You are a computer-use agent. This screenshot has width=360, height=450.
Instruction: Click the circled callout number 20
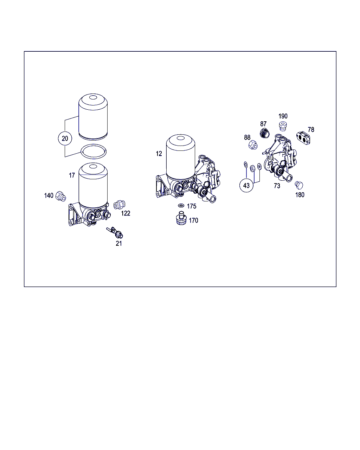pos(65,139)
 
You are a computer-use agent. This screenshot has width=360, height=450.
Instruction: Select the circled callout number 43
pos(246,185)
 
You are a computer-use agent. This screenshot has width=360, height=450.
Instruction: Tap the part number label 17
pos(72,175)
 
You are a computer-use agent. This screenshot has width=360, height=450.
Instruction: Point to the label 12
pos(159,154)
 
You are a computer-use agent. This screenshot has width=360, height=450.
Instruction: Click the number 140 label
pos(49,195)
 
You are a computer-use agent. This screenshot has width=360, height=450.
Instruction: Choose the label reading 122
pos(126,213)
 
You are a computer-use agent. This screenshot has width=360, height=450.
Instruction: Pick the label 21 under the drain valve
pos(118,243)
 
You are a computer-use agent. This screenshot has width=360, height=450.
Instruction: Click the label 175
pos(192,206)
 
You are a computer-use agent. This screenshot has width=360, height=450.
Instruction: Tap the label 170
pos(193,220)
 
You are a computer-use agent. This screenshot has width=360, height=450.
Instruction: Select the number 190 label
pos(283,116)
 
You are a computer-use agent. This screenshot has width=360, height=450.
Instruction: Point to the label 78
pos(311,130)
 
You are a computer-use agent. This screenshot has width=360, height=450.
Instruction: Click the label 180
pos(300,195)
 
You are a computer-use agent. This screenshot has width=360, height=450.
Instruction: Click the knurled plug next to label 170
pos(181,218)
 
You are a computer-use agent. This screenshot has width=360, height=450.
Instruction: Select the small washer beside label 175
pos(181,206)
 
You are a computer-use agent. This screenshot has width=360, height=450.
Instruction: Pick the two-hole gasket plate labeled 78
pos(303,138)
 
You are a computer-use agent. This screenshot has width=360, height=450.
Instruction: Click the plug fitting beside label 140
pos(61,196)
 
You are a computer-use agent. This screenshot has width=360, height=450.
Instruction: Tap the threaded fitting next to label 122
pos(120,205)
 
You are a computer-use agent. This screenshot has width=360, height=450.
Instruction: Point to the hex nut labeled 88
pos(253,145)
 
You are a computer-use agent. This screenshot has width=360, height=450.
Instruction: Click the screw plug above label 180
pos(299,185)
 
